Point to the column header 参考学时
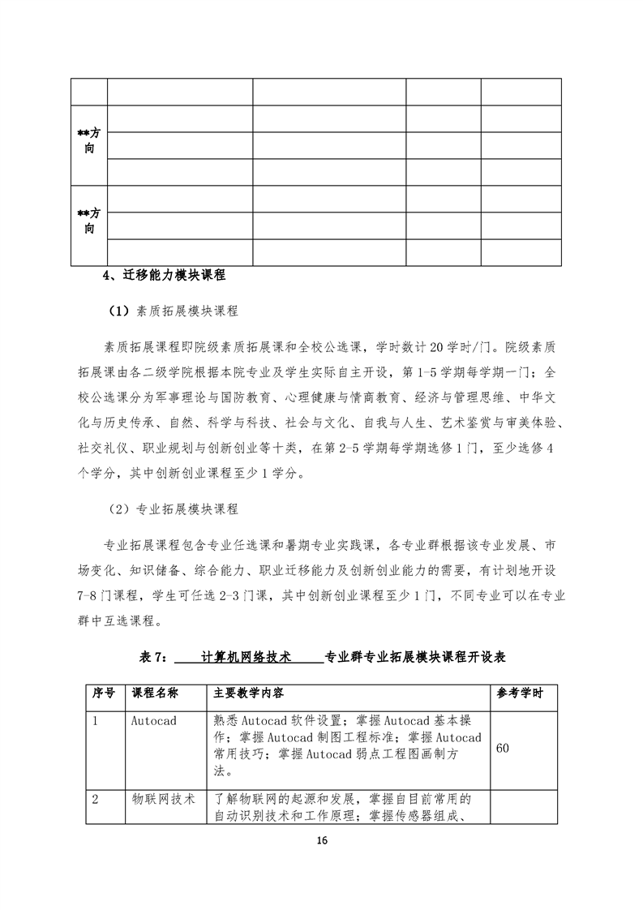520,693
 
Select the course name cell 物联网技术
164,799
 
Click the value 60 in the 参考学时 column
503,748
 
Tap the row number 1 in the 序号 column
96,720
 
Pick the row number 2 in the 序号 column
96,799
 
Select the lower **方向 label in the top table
89,221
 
